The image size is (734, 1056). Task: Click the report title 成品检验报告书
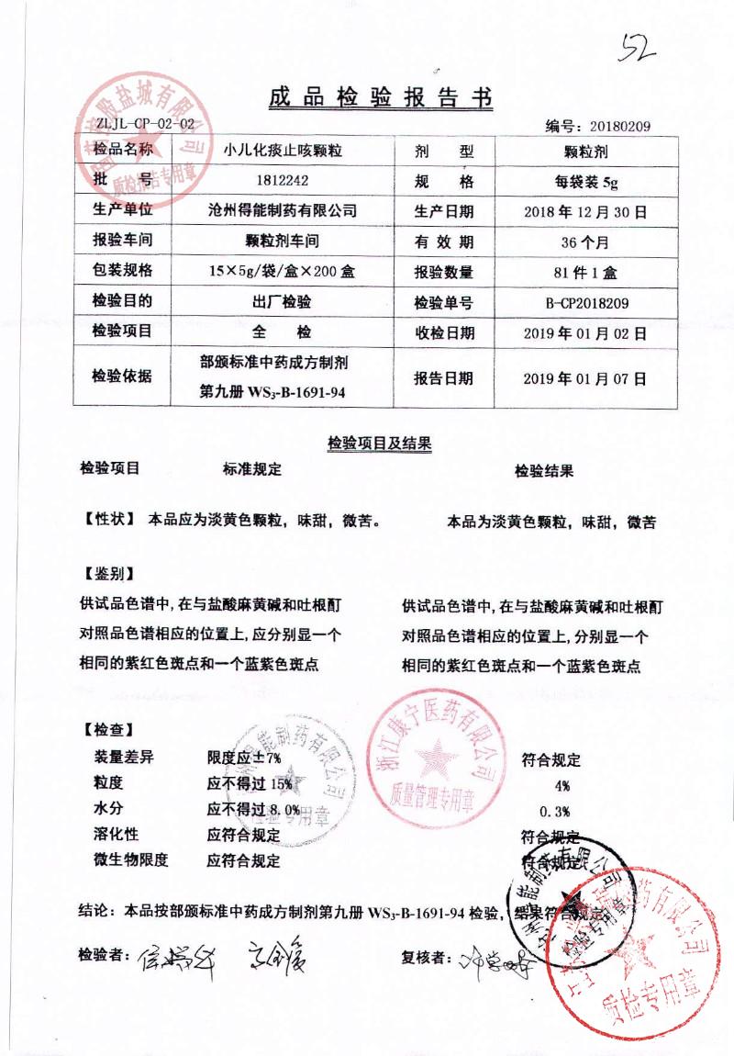click(380, 98)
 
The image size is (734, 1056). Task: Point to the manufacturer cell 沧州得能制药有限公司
click(278, 210)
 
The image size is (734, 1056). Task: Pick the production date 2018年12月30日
click(585, 211)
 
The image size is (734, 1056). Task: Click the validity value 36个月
click(585, 242)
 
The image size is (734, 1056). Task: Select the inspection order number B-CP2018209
click(585, 301)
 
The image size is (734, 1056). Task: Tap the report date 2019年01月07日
click(585, 377)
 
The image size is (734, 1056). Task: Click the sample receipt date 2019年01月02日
click(585, 331)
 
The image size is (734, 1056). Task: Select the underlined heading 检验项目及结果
click(380, 443)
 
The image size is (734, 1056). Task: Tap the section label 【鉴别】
click(109, 574)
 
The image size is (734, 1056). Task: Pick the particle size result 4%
click(562, 785)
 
